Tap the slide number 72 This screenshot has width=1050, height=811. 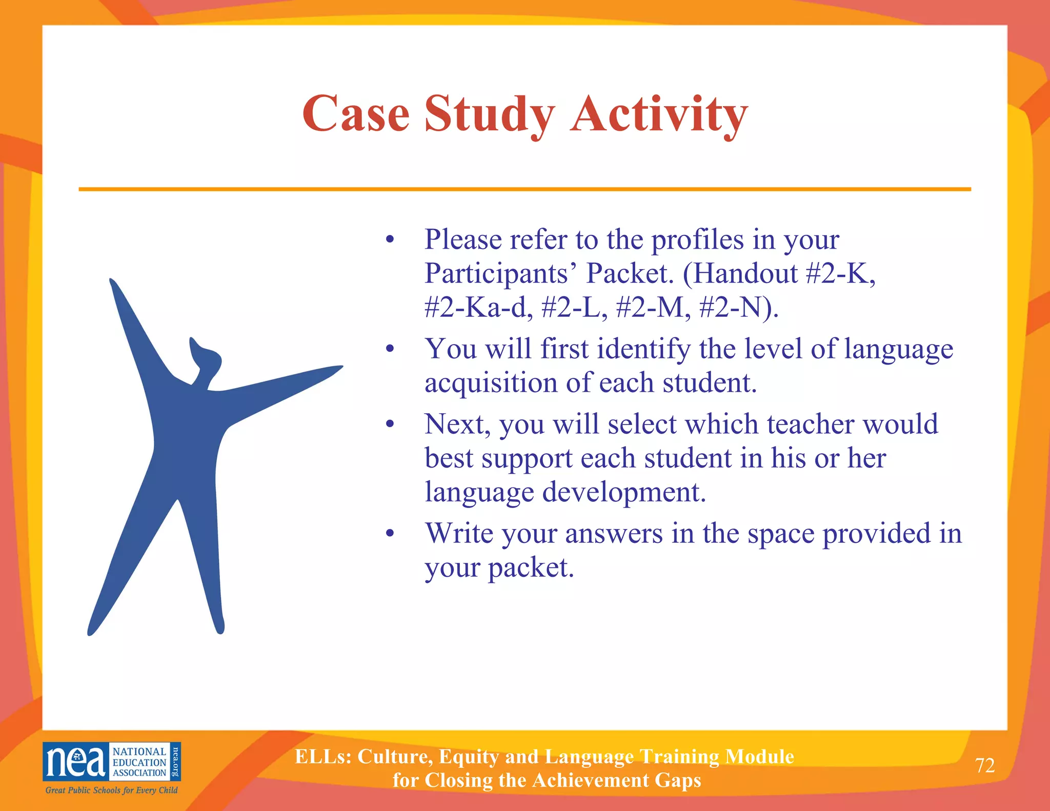(x=984, y=765)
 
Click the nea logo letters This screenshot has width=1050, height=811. (x=75, y=762)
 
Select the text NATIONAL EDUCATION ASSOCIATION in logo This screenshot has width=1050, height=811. (x=139, y=762)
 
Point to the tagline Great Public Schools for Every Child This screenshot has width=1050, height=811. (x=111, y=790)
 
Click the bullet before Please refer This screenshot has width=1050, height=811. (x=390, y=239)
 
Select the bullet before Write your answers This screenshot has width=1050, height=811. (x=390, y=534)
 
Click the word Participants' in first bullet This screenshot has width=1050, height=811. (x=496, y=273)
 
